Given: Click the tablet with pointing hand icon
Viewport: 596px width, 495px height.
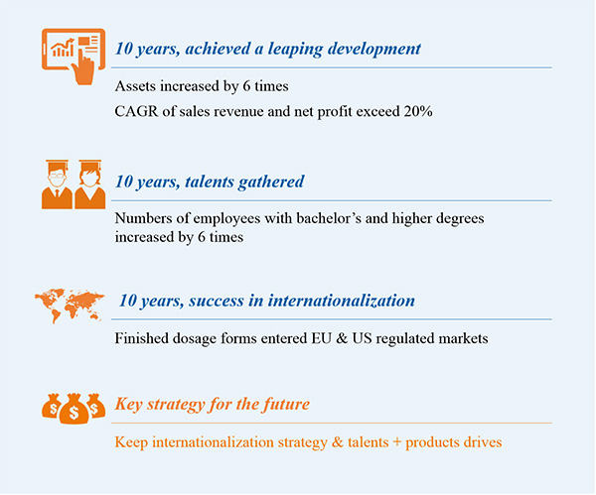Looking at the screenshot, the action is [74, 56].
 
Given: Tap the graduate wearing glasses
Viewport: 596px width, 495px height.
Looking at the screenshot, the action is [57, 185].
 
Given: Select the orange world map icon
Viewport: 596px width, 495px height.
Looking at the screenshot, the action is [70, 305].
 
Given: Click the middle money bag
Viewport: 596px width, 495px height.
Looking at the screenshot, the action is [74, 409].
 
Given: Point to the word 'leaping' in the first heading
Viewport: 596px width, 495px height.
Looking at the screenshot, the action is [295, 50].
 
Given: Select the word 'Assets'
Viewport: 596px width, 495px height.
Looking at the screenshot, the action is [135, 86].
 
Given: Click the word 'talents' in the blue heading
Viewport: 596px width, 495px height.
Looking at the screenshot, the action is [209, 182].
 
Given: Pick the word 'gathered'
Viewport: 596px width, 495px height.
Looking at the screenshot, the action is [271, 183].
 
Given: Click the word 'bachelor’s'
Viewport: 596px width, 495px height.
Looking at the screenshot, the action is [329, 218].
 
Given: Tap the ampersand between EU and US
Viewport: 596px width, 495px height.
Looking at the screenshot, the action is [342, 338].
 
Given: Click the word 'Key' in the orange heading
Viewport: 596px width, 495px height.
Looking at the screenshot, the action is [129, 405].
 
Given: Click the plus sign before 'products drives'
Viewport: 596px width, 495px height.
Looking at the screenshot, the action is [396, 442].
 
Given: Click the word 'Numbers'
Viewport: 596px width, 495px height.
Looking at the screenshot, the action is [144, 218].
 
